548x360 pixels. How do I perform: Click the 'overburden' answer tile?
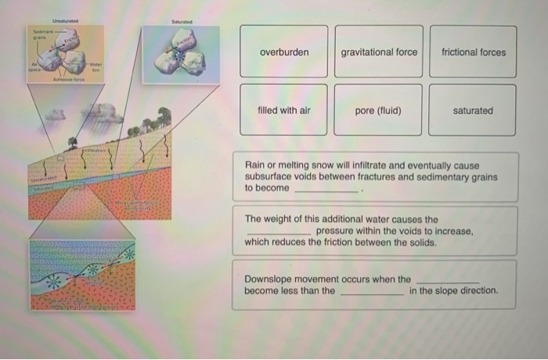click(283, 52)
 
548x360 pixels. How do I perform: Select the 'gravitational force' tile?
click(379, 52)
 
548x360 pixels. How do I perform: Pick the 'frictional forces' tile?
click(473, 52)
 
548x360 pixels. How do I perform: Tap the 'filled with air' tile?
click(283, 110)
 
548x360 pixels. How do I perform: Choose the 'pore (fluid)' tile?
click(378, 110)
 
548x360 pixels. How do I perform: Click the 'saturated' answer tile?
click(473, 110)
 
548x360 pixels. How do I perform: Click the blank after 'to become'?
click(326, 189)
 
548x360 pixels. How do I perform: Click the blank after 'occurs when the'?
click(447, 279)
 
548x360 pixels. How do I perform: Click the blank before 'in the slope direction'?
click(372, 291)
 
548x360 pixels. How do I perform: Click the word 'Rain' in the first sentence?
click(255, 166)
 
